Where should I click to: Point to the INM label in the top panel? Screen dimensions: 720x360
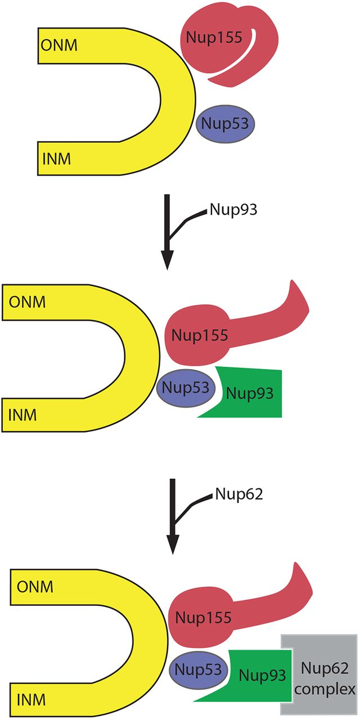click(x=56, y=159)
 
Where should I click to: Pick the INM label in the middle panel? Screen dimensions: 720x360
click(x=22, y=416)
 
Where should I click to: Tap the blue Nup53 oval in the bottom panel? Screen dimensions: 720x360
click(x=196, y=668)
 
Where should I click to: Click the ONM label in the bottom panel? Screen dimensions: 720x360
click(x=35, y=587)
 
